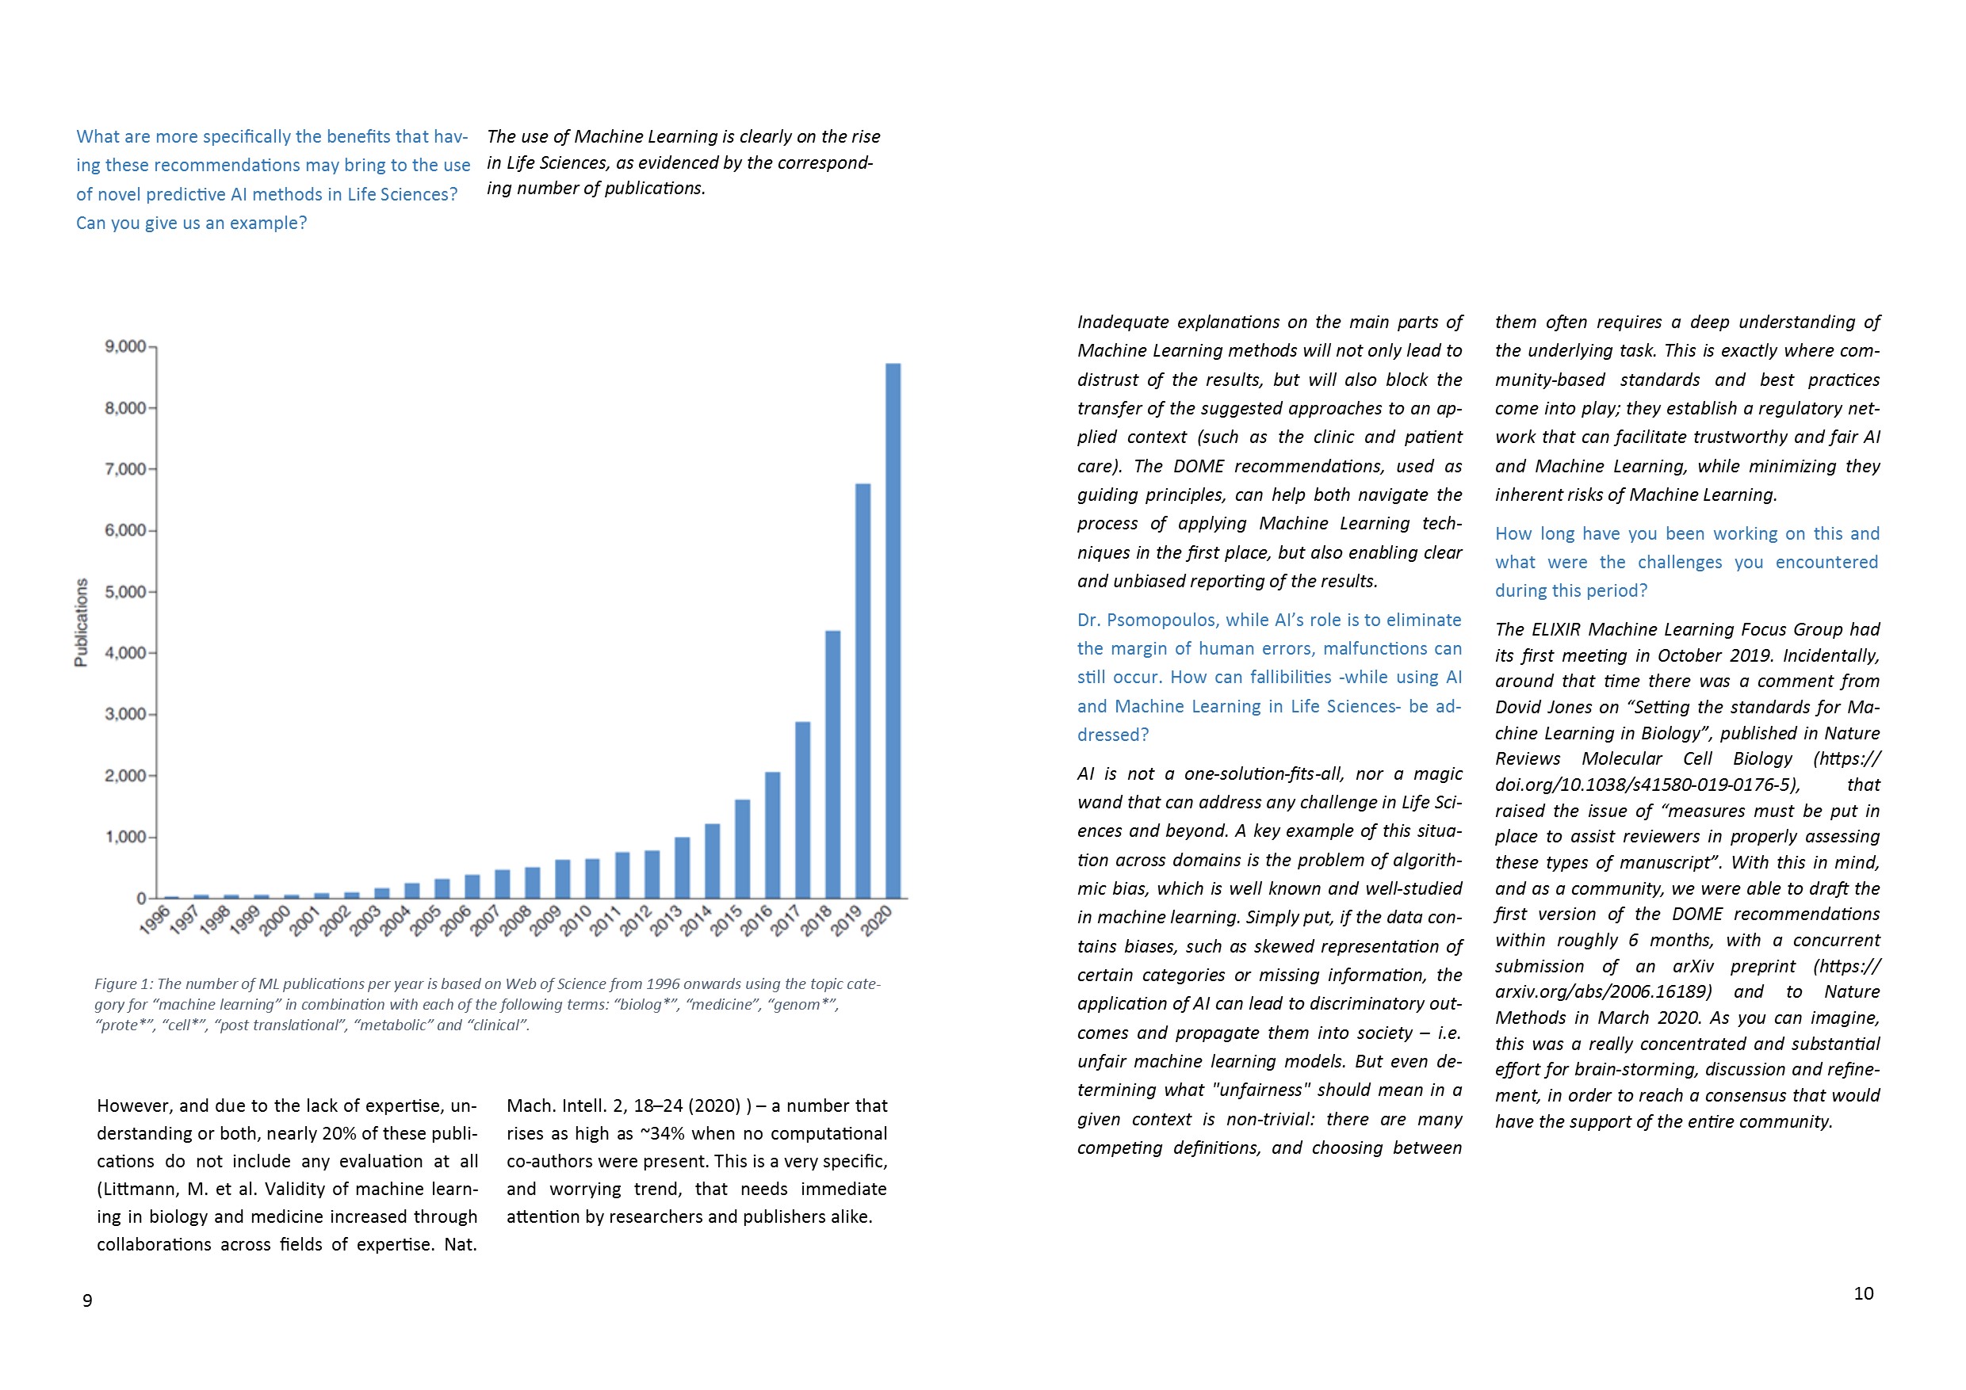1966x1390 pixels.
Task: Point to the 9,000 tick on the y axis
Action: pos(125,346)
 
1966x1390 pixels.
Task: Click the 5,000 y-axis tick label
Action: pos(125,591)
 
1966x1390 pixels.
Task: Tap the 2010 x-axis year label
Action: pos(576,919)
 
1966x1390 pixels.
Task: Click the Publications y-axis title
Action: pos(82,622)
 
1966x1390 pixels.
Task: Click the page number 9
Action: pos(87,1301)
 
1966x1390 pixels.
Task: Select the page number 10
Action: pos(1863,1293)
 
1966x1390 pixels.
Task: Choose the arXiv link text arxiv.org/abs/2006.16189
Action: pos(1603,992)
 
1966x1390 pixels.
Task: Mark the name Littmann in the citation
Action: pos(137,1189)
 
